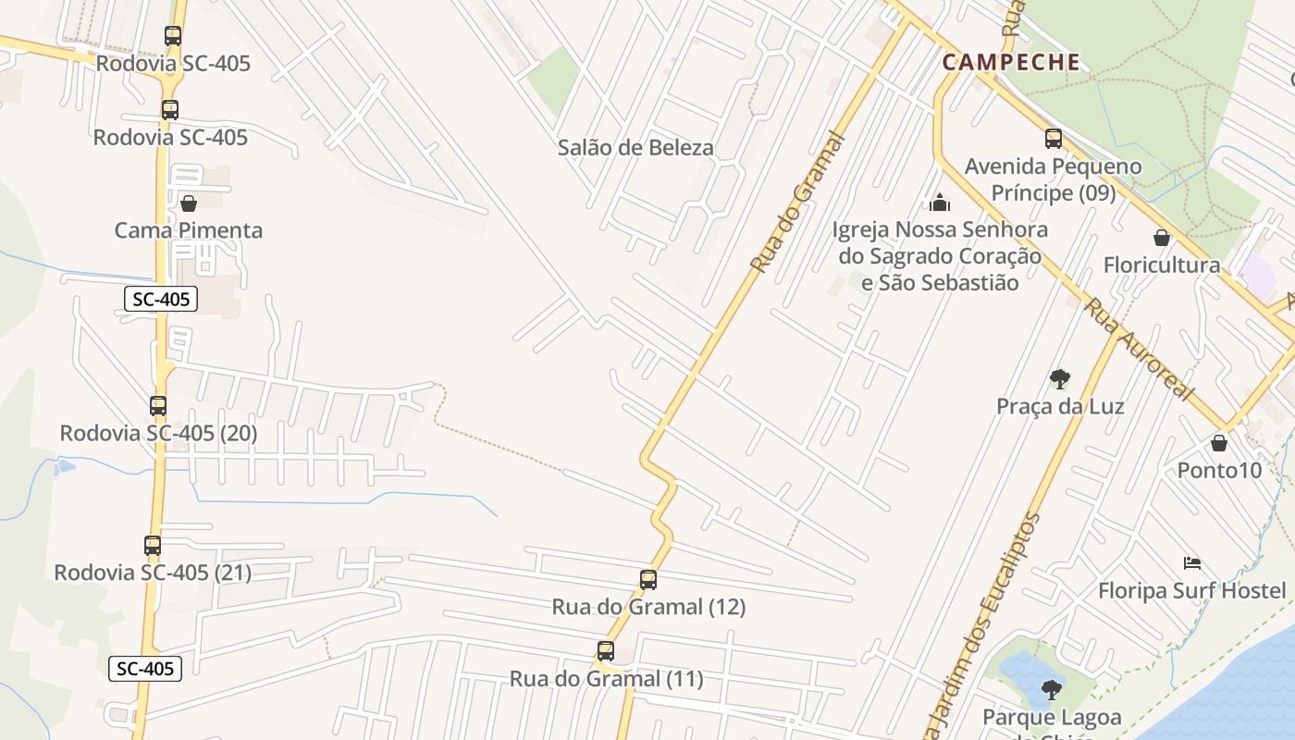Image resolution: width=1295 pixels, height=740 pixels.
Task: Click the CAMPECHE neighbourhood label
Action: (1011, 62)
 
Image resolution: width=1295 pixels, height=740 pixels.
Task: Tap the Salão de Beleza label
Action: (635, 147)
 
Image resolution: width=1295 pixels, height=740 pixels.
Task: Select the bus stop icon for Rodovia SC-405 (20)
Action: (158, 405)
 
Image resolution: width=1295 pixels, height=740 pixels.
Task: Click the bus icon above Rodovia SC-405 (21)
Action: (153, 545)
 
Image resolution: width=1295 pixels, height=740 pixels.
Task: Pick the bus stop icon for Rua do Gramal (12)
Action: (648, 580)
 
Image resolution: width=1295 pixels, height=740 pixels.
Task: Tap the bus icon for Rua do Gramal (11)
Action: (606, 651)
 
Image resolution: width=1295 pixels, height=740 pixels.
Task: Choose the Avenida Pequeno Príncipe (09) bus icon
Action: (1054, 139)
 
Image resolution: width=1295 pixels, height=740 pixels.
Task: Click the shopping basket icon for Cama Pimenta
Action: (189, 203)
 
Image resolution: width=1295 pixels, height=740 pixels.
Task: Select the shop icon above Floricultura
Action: (1162, 238)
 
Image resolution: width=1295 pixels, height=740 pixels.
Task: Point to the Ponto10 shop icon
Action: (1219, 443)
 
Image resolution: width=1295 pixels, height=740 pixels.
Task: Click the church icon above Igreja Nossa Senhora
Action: (940, 203)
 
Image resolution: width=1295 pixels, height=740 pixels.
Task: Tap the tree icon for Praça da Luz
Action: (1060, 378)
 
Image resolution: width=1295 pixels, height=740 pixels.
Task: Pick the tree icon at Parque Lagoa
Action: (1051, 689)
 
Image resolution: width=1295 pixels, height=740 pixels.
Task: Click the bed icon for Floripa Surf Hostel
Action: (1192, 562)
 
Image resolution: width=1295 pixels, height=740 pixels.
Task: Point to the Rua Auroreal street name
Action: (1139, 349)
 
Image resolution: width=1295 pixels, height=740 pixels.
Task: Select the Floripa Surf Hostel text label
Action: (1191, 590)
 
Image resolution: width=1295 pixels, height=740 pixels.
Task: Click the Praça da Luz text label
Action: (1060, 406)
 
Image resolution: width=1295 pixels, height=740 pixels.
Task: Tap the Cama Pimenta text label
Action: (189, 230)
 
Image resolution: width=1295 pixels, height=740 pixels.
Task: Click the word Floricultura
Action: (1162, 265)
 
